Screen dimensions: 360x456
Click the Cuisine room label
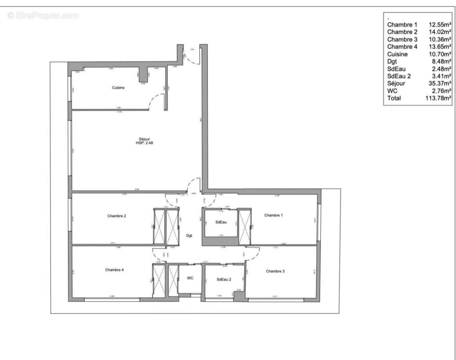point(118,88)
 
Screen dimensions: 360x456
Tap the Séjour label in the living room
point(144,139)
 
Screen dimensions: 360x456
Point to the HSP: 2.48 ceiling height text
point(144,143)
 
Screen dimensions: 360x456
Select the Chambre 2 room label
point(116,216)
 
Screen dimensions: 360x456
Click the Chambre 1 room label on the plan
point(273,216)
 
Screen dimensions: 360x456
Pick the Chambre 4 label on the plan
point(114,270)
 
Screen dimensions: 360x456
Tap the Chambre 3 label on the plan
point(275,271)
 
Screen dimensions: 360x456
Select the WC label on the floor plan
point(190,278)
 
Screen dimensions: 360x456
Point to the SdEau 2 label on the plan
point(224,279)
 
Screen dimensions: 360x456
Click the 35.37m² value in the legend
point(439,83)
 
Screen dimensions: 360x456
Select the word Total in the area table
point(394,98)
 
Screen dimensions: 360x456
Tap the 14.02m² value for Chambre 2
point(439,32)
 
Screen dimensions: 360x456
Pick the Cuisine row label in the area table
point(398,54)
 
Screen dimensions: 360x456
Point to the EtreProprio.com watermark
point(43,16)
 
